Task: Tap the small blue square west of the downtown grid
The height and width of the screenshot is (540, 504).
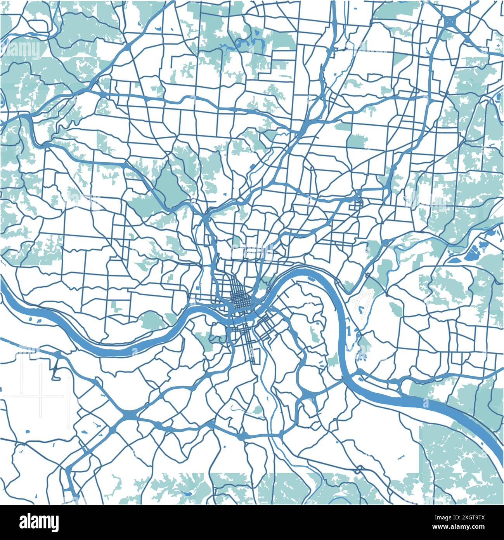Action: tap(197, 288)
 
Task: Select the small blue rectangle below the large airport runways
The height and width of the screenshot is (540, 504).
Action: tap(27, 432)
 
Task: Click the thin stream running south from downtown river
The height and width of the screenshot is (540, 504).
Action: tap(268, 373)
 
